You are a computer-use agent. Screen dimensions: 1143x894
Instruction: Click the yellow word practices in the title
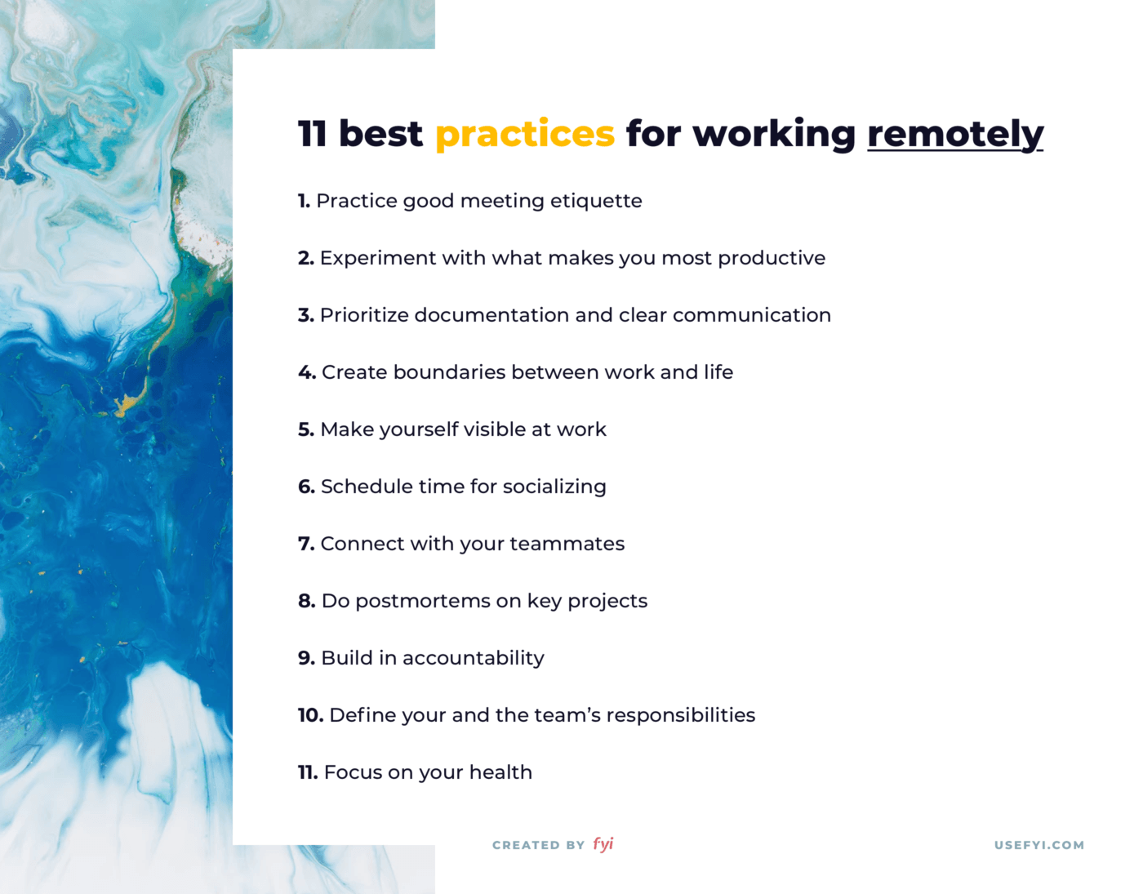[524, 135]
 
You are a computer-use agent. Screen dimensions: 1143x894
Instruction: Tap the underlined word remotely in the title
[954, 135]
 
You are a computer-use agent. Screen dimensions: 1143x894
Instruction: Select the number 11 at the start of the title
[312, 134]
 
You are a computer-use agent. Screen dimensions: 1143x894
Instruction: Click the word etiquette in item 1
[596, 201]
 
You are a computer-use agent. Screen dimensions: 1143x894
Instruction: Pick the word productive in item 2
[772, 258]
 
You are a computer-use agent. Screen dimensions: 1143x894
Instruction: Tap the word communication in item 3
[752, 315]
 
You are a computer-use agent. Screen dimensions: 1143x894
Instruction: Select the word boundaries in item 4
[449, 372]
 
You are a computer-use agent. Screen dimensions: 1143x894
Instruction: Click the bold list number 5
[306, 429]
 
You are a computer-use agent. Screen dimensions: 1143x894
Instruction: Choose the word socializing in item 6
[554, 487]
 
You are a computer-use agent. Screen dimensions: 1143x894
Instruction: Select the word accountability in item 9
[474, 658]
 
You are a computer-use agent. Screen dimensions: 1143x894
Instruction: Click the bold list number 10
[311, 715]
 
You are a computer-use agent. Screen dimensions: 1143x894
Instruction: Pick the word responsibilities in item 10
[681, 716]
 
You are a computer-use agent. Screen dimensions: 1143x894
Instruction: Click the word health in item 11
[500, 772]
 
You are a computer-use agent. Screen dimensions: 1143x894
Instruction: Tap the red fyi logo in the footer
[603, 844]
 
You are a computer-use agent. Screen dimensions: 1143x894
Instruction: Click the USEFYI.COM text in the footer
[1039, 845]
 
